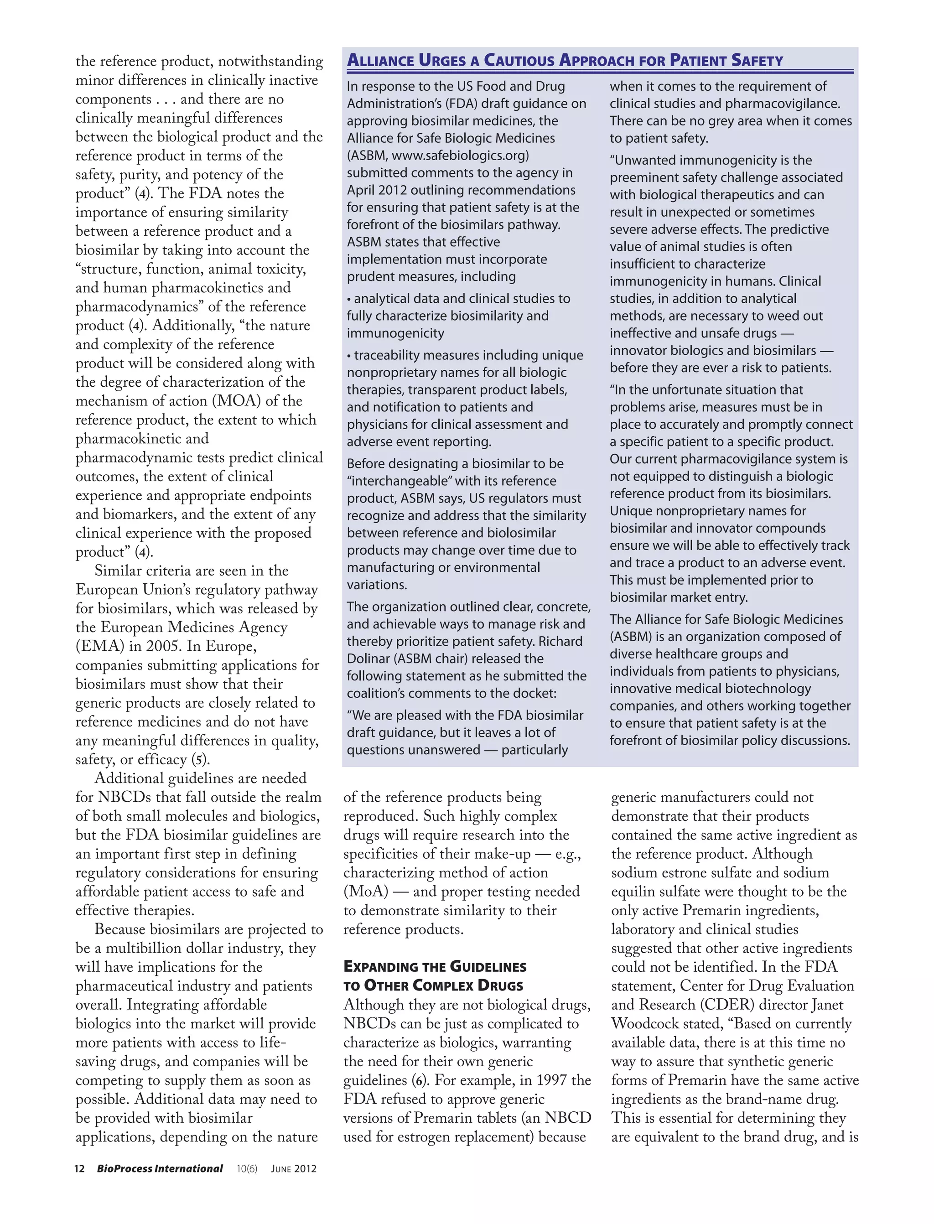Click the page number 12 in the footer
[x=79, y=1168]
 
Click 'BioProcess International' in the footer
[x=160, y=1168]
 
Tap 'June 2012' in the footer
[x=294, y=1168]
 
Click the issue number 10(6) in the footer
[x=247, y=1168]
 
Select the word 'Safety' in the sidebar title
[x=757, y=60]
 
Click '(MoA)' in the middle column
[x=366, y=892]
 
